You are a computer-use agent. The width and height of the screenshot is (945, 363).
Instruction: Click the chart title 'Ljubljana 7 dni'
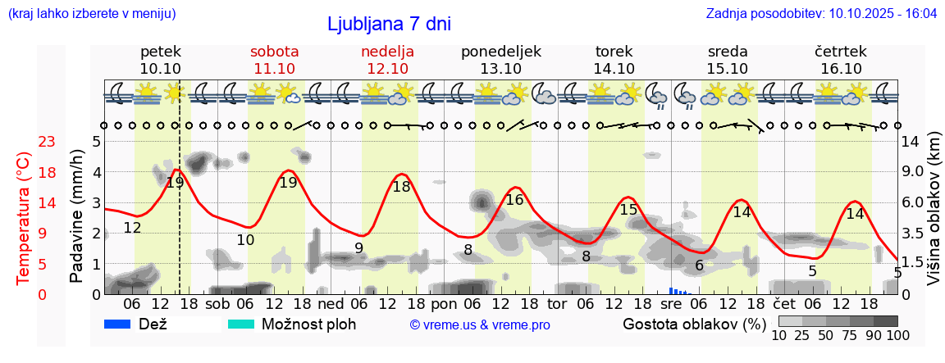(389, 24)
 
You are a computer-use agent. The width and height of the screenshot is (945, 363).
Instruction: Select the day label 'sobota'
(274, 52)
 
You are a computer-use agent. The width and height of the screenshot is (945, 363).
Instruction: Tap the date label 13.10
(500, 69)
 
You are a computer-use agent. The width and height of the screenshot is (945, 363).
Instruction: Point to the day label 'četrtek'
(840, 52)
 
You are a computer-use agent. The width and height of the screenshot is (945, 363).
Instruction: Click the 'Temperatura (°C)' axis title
(25, 218)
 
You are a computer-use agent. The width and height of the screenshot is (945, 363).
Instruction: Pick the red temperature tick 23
(47, 142)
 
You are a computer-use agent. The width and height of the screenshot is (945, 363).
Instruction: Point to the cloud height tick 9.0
(913, 172)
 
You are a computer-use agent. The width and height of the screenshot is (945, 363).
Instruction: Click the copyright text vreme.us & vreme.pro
(480, 324)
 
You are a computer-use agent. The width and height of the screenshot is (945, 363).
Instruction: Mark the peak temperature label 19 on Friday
(175, 183)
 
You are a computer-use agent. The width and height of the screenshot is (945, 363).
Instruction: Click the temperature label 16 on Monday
(514, 200)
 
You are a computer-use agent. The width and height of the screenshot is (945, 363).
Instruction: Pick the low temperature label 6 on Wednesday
(699, 265)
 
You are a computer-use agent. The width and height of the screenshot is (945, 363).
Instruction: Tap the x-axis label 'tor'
(557, 303)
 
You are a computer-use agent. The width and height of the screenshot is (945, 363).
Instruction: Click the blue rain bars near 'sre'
(678, 290)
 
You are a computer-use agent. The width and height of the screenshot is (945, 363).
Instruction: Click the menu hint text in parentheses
(91, 13)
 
